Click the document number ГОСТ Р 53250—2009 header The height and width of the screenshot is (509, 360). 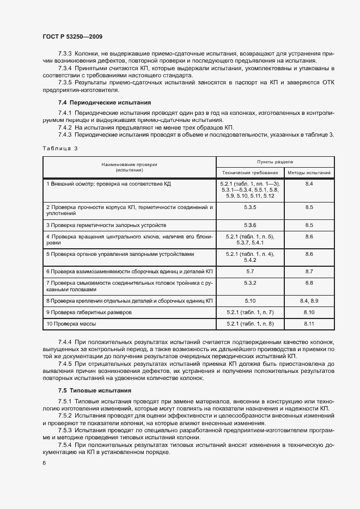click(x=72, y=36)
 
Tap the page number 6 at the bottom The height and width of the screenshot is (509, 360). click(x=44, y=463)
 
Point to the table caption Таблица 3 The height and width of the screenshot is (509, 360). click(x=60, y=148)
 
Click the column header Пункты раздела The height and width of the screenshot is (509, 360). click(x=276, y=162)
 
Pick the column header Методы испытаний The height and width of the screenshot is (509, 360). click(x=309, y=172)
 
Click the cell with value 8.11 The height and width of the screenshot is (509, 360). click(x=309, y=324)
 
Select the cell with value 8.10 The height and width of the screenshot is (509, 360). click(x=309, y=312)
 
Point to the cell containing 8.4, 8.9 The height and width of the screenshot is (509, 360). click(x=309, y=300)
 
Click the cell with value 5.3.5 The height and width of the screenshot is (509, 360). click(x=251, y=207)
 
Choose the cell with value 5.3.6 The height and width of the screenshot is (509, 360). click(x=251, y=225)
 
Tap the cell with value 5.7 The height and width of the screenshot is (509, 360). click(x=251, y=271)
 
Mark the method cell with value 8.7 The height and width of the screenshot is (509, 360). click(x=309, y=271)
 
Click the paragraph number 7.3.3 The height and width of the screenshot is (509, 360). click(x=65, y=54)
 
